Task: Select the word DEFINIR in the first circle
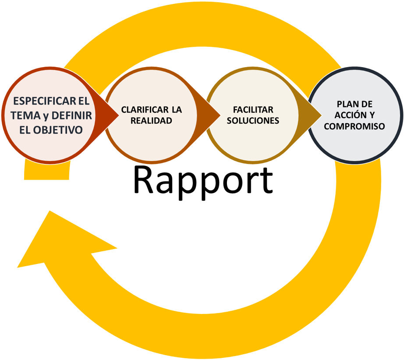pyautogui.click(x=71, y=116)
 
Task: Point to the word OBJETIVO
pyautogui.click(x=58, y=130)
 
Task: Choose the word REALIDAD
pyautogui.click(x=151, y=121)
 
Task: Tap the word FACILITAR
pyautogui.click(x=253, y=110)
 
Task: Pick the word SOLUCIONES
pyautogui.click(x=253, y=121)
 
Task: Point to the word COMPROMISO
pyautogui.click(x=354, y=126)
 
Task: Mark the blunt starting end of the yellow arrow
pyautogui.click(x=46, y=173)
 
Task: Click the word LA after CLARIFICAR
pyautogui.click(x=176, y=110)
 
